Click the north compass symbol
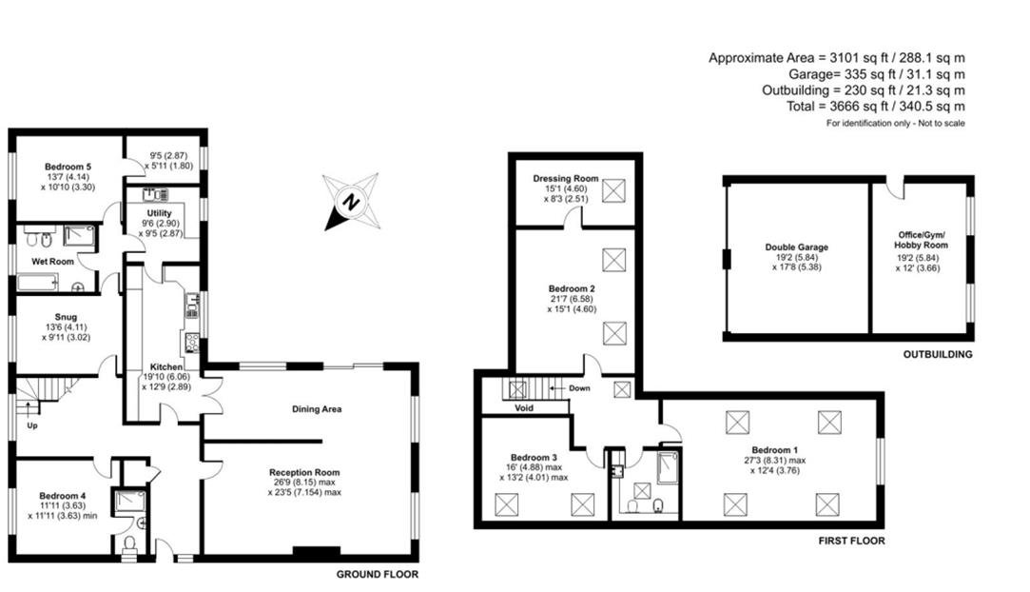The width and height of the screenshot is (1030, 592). pyautogui.click(x=350, y=201)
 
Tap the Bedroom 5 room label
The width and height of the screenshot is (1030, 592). pyautogui.click(x=66, y=167)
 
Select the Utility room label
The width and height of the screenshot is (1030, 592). pyautogui.click(x=159, y=213)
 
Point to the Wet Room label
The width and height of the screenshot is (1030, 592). pyautogui.click(x=52, y=261)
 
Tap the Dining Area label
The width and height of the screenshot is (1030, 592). pyautogui.click(x=317, y=409)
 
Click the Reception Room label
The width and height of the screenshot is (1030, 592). pyautogui.click(x=303, y=472)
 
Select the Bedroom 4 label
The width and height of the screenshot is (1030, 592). pyautogui.click(x=63, y=495)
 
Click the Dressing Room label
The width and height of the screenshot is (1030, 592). pyautogui.click(x=565, y=178)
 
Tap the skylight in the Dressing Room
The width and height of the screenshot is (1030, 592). pyautogui.click(x=614, y=189)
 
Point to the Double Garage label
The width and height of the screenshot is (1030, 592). pyautogui.click(x=796, y=247)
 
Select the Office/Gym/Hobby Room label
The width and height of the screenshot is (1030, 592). pyautogui.click(x=923, y=239)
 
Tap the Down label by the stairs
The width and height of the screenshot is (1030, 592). pyautogui.click(x=579, y=388)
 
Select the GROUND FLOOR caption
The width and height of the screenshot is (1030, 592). pyautogui.click(x=377, y=575)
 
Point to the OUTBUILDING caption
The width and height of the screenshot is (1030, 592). pyautogui.click(x=938, y=354)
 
